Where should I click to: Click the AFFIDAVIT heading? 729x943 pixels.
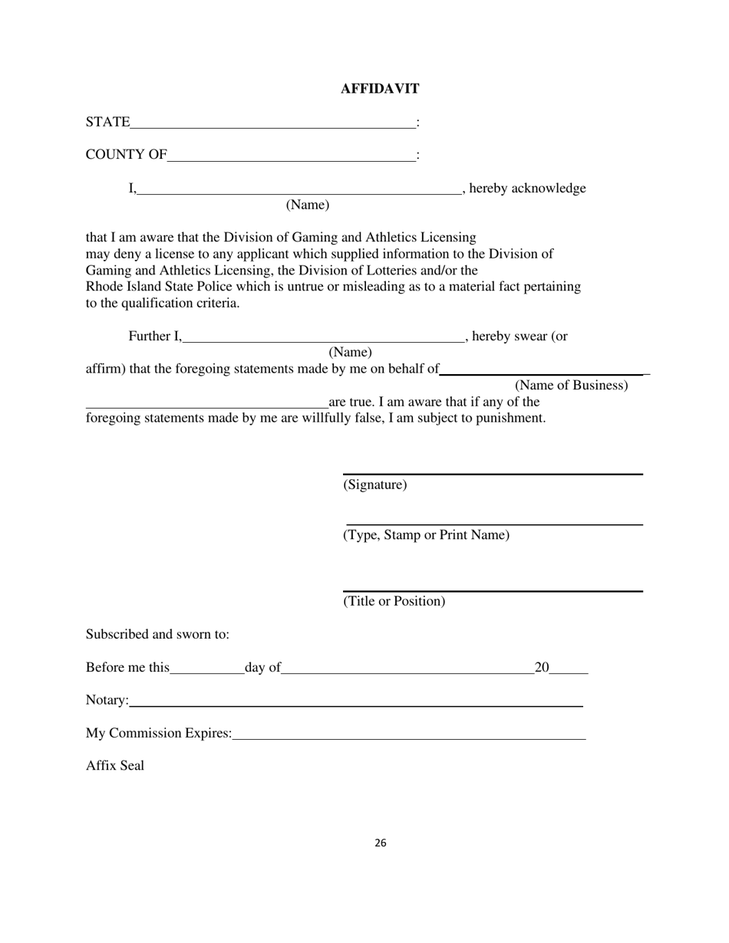[x=380, y=89]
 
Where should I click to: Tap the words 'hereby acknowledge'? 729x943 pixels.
[x=527, y=189]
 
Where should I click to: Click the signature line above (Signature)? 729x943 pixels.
[x=493, y=473]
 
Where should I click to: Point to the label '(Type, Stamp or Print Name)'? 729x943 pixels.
[x=426, y=535]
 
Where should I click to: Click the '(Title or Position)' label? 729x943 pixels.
[x=394, y=601]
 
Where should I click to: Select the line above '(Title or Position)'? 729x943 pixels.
[x=493, y=590]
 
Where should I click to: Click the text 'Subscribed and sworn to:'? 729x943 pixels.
[x=157, y=635]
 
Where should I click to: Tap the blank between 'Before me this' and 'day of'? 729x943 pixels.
[x=206, y=671]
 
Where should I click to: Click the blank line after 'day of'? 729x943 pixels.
[x=407, y=671]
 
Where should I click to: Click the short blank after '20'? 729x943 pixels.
[x=569, y=671]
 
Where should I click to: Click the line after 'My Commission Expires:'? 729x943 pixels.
[x=408, y=737]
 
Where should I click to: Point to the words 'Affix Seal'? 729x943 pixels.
[x=115, y=766]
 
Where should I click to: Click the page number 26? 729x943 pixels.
[x=381, y=843]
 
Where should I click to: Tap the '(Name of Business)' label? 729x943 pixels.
[x=571, y=386]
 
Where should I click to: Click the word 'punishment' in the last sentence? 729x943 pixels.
[x=510, y=419]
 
